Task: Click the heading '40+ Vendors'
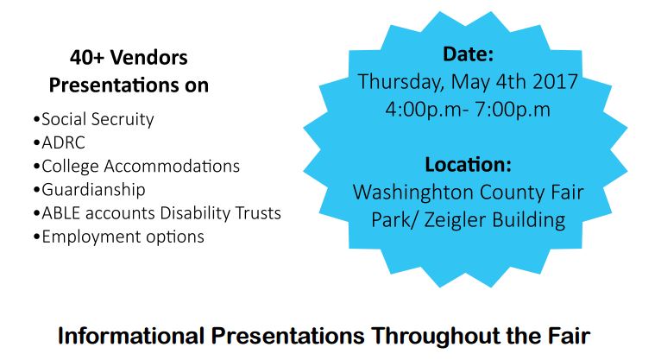pyautogui.click(x=129, y=58)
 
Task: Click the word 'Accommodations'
pyautogui.click(x=172, y=166)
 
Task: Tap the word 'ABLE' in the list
pyautogui.click(x=61, y=213)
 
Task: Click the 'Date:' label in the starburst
pyautogui.click(x=468, y=54)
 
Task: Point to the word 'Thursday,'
pyautogui.click(x=401, y=82)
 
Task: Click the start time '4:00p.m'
pyautogui.click(x=424, y=110)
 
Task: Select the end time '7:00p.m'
pyautogui.click(x=513, y=110)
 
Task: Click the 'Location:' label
pyautogui.click(x=468, y=165)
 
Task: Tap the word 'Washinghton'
pyautogui.click(x=413, y=193)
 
